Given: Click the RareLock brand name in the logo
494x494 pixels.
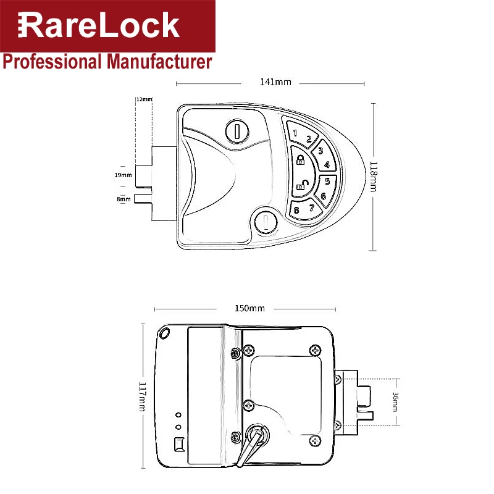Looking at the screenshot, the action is [99, 25].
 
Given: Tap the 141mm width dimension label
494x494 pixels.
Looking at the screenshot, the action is [275, 82].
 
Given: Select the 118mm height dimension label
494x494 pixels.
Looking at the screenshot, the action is [373, 177].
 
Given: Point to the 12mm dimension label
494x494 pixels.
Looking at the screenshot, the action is [144, 99].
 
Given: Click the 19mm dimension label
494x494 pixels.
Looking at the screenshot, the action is [123, 175].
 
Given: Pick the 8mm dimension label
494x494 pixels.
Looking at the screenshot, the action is [124, 199].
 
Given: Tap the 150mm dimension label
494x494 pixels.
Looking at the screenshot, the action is [249, 308].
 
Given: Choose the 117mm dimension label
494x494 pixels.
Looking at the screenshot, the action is [143, 396].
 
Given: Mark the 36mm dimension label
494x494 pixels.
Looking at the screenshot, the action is [395, 402].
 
